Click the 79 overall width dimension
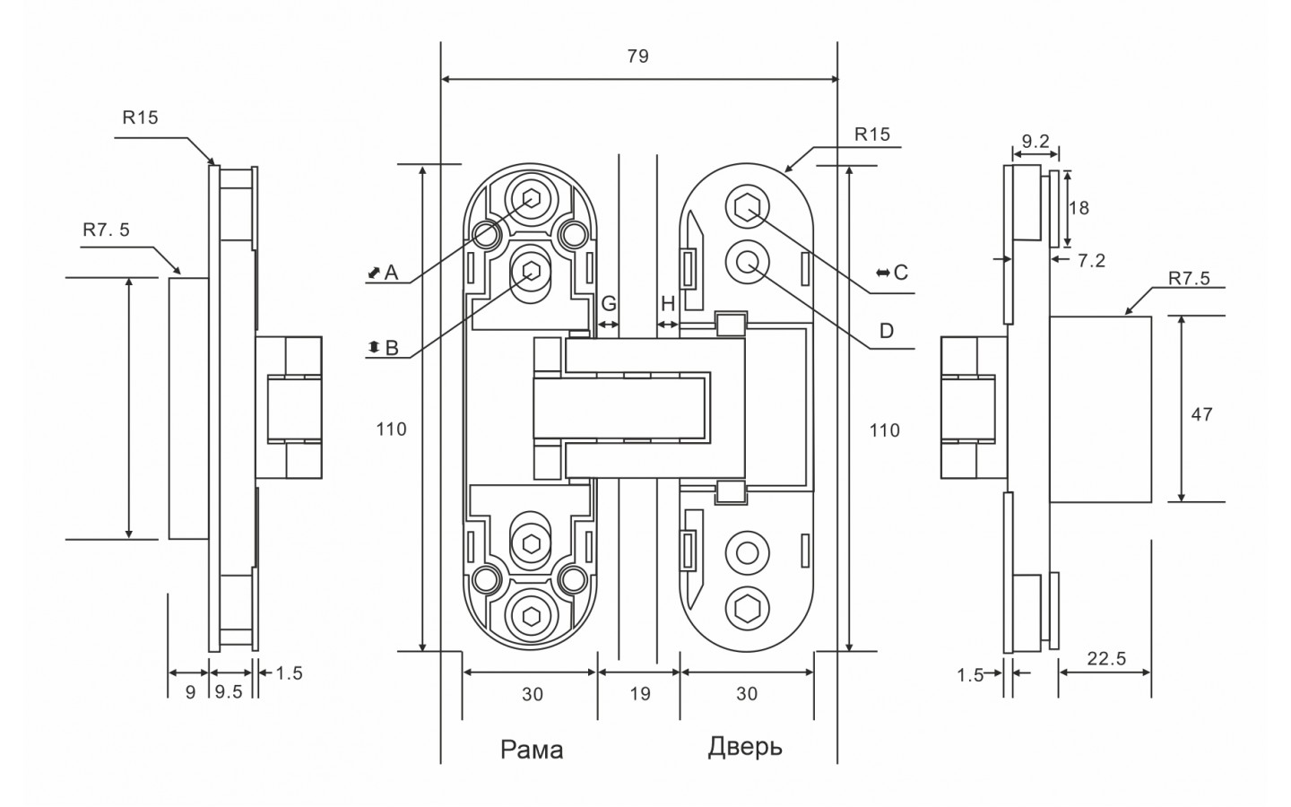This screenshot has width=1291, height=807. pyautogui.click(x=637, y=56)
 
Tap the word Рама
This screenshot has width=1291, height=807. pyautogui.click(x=532, y=749)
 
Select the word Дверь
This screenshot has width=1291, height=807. pyautogui.click(x=745, y=746)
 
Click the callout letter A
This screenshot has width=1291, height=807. pyautogui.click(x=391, y=272)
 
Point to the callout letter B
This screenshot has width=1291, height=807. pyautogui.click(x=391, y=348)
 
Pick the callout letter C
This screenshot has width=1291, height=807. pyautogui.click(x=901, y=272)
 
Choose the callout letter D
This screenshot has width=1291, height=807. pyautogui.click(x=886, y=331)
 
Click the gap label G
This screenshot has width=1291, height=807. pyautogui.click(x=608, y=304)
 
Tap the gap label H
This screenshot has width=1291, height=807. pyautogui.click(x=668, y=304)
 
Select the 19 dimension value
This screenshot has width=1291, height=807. pyautogui.click(x=639, y=693)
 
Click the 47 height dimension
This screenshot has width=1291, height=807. pyautogui.click(x=1202, y=414)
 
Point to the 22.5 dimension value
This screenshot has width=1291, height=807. pyautogui.click(x=1106, y=659)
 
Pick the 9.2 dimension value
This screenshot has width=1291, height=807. pyautogui.click(x=1035, y=141)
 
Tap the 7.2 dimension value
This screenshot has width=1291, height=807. pyautogui.click(x=1091, y=261)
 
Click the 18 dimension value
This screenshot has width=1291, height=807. pyautogui.click(x=1079, y=207)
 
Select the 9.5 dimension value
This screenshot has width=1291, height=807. pyautogui.click(x=229, y=692)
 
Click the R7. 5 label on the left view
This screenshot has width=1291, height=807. pyautogui.click(x=106, y=230)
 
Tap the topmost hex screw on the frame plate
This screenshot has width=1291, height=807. pyautogui.click(x=530, y=200)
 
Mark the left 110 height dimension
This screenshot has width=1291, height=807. pyautogui.click(x=391, y=430)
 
